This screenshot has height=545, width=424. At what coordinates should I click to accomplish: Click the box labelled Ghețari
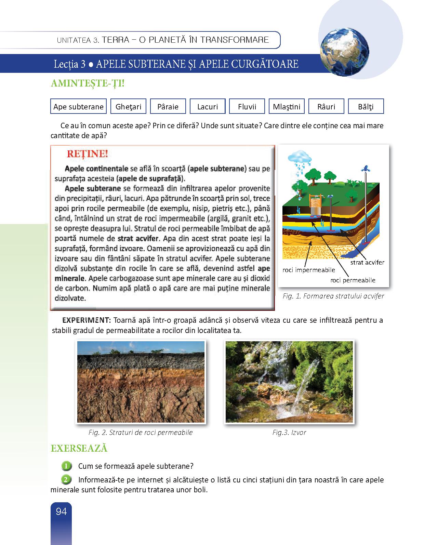pyautogui.click(x=128, y=106)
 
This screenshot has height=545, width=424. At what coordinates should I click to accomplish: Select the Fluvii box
pyautogui.click(x=247, y=106)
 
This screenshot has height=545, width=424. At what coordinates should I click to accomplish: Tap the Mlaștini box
pyautogui.click(x=287, y=106)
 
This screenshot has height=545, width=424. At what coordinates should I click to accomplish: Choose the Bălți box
pyautogui.click(x=366, y=106)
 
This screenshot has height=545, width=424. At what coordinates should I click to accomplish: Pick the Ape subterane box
pyautogui.click(x=78, y=106)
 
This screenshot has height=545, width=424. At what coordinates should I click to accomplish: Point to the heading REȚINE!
pyautogui.click(x=87, y=154)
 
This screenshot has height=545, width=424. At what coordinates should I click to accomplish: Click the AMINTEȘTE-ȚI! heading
pyautogui.click(x=87, y=83)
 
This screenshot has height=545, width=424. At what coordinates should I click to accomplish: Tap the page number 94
pyautogui.click(x=61, y=511)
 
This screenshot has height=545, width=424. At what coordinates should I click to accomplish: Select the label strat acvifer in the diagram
pyautogui.click(x=367, y=263)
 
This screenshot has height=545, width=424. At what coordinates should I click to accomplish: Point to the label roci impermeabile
pyautogui.click(x=308, y=270)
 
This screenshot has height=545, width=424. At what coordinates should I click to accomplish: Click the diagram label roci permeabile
pyautogui.click(x=353, y=280)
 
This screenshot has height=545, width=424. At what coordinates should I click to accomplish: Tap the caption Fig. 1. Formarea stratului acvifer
pyautogui.click(x=333, y=296)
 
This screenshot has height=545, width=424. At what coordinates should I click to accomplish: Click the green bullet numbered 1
pyautogui.click(x=66, y=466)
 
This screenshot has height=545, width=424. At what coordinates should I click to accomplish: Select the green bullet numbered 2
pyautogui.click(x=66, y=479)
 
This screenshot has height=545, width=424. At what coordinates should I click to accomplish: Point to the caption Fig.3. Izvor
pyautogui.click(x=289, y=433)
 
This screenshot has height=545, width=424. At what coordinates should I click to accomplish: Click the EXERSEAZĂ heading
pyautogui.click(x=79, y=448)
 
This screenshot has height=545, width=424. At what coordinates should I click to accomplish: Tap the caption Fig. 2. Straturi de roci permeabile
pyautogui.click(x=141, y=433)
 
